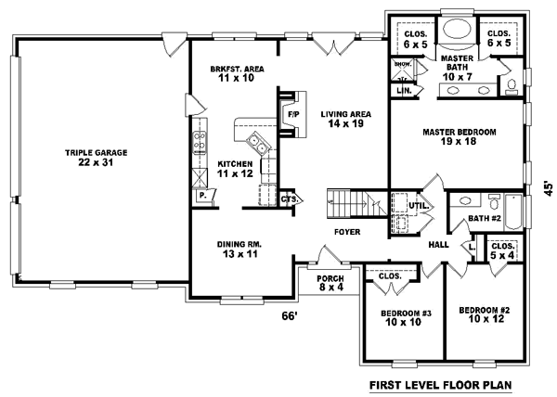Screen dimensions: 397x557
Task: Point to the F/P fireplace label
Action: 292,114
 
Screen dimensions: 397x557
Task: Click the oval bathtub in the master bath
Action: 457,29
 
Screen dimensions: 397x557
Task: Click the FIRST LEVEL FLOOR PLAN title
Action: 440,384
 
